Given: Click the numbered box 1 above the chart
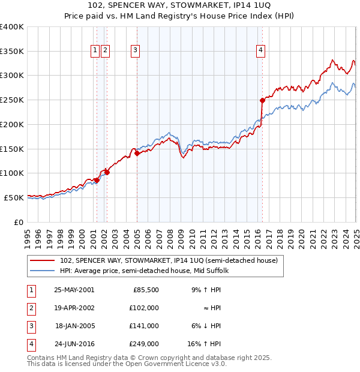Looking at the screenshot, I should pyautogui.click(x=95, y=51).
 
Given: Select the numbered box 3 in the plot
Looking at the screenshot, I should pyautogui.click(x=136, y=51).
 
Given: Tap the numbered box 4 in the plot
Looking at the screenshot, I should pyautogui.click(x=261, y=51).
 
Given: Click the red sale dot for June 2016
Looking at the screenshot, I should pyautogui.click(x=262, y=100).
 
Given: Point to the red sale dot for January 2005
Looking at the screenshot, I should pyautogui.click(x=137, y=153).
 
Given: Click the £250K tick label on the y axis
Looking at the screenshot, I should pyautogui.click(x=12, y=100).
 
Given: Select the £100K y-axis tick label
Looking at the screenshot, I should pyautogui.click(x=12, y=173).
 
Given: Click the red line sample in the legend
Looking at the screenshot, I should pyautogui.click(x=42, y=261).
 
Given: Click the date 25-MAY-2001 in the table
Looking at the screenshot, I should pyautogui.click(x=74, y=289).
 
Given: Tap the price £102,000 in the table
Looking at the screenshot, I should pyautogui.click(x=145, y=307).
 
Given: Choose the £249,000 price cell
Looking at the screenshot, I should pyautogui.click(x=145, y=344).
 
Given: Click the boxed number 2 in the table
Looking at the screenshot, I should pyautogui.click(x=31, y=308).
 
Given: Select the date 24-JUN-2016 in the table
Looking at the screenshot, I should pyautogui.click(x=74, y=344).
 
